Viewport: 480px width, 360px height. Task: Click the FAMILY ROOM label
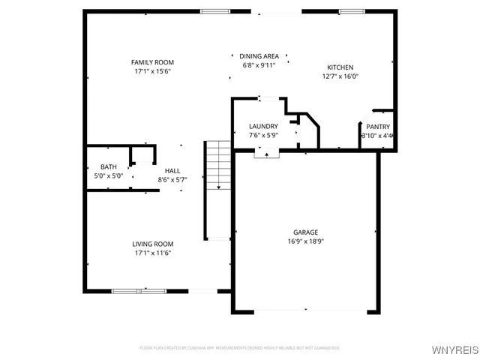(152, 62)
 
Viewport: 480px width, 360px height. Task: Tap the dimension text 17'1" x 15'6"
(152, 71)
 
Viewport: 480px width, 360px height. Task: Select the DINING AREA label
(259, 56)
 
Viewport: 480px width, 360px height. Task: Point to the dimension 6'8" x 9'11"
(259, 65)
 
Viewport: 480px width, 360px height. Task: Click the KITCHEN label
(339, 67)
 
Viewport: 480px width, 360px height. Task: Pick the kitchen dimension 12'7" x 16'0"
(339, 76)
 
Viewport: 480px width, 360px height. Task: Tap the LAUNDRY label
(263, 126)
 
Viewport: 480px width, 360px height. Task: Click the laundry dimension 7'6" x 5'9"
(263, 135)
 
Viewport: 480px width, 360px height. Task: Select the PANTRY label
(377, 127)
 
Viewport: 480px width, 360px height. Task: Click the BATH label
(109, 166)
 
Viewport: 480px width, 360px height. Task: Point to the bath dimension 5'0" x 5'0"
(109, 175)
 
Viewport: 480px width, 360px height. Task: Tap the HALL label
(172, 171)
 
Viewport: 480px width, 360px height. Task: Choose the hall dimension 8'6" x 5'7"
(172, 180)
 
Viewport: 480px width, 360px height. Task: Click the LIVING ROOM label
(153, 244)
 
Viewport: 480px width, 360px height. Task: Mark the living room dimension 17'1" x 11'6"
(153, 253)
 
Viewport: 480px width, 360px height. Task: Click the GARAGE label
(304, 232)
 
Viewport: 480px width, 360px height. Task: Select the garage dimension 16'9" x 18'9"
(304, 241)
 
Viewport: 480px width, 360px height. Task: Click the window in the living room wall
(135, 290)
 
